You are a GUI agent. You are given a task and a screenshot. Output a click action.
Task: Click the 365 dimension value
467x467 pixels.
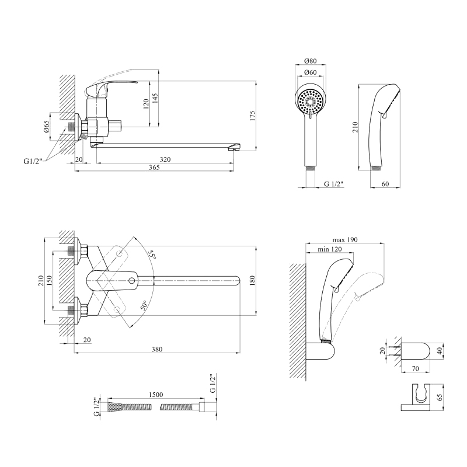tap(154, 168)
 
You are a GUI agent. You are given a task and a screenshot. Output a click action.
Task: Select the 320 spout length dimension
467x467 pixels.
tap(165, 159)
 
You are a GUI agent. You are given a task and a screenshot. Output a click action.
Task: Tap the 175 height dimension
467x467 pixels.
tap(253, 116)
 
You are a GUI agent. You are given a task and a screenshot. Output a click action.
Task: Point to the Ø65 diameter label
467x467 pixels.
tap(46, 127)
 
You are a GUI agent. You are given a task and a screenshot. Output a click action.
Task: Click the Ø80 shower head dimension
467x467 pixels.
tap(311, 61)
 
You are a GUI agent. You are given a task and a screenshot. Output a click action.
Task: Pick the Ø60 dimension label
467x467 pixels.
tap(311, 72)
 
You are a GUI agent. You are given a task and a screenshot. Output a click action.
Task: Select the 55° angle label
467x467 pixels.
tap(152, 255)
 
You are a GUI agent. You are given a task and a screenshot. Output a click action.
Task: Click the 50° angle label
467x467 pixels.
tap(144, 305)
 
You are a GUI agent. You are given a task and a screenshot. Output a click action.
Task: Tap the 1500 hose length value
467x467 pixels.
tap(156, 395)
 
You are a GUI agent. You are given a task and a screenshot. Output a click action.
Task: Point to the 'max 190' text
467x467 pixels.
tap(345, 240)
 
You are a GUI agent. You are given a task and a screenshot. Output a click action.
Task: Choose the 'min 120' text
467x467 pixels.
tap(329, 249)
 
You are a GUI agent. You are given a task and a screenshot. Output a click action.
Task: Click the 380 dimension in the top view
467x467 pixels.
tap(157, 349)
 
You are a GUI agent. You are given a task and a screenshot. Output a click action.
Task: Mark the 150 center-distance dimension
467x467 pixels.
tap(50, 281)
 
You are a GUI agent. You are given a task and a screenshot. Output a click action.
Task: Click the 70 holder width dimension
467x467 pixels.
tap(415, 369)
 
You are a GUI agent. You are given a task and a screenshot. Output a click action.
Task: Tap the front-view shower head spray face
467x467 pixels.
tap(310, 102)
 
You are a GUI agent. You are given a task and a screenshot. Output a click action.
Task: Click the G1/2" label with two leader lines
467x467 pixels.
tap(35, 162)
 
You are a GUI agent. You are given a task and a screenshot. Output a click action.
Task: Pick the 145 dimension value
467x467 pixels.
tap(155, 98)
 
